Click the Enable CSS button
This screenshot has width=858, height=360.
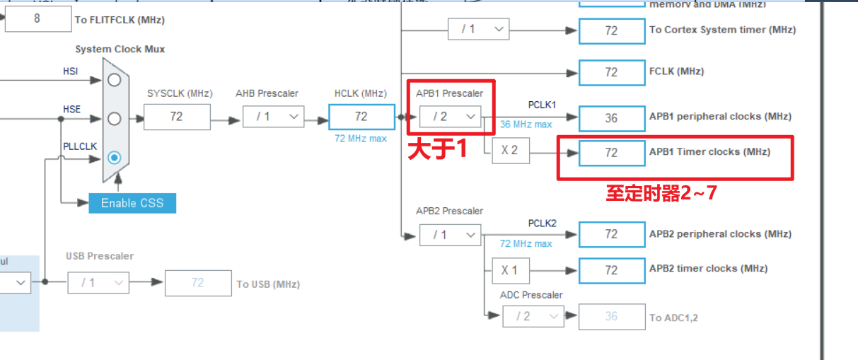pos(132,203)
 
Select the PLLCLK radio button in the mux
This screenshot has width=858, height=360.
pos(114,157)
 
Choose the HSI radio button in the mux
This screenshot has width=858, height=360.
pos(114,80)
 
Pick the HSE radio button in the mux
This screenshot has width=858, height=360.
pos(114,118)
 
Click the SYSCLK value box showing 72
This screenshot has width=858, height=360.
pos(177,117)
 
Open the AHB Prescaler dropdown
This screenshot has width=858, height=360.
pos(273,117)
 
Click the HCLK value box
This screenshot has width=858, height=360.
pos(361,117)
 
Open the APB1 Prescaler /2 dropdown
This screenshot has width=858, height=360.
pos(450,116)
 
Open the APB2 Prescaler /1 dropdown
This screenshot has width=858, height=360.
pos(450,235)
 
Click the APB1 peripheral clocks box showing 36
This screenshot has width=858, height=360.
pos(611,118)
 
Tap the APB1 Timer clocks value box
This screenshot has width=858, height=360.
pos(611,153)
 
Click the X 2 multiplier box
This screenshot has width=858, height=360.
pos(510,151)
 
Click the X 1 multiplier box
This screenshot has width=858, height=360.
pos(510,270)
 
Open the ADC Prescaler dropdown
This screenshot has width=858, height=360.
pos(533,316)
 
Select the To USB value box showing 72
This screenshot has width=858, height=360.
pos(197,283)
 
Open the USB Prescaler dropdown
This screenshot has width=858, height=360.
pos(98,283)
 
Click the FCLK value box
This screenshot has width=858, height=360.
pos(611,72)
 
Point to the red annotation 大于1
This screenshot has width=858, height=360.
pos(437,150)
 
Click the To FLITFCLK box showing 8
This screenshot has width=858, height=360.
pos(37,19)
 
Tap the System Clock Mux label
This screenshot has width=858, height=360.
pos(120,50)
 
